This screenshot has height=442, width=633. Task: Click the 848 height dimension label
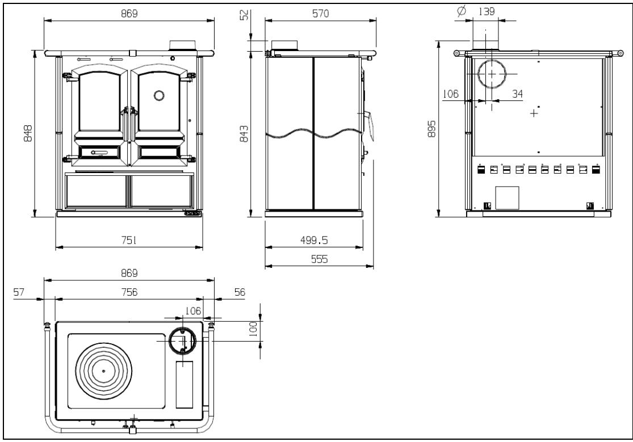coord(28,133)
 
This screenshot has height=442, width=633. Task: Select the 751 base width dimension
coord(129,240)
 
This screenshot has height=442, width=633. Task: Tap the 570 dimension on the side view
coord(321,13)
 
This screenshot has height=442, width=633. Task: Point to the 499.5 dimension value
coord(314,240)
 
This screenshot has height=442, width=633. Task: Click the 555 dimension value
coord(319,259)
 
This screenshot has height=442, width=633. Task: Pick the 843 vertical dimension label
coord(244,133)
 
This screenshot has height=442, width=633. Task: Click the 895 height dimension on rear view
coord(431,129)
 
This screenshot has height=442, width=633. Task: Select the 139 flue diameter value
coord(487,11)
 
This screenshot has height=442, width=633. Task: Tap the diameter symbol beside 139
coord(462,11)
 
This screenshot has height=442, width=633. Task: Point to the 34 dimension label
coord(518,94)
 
